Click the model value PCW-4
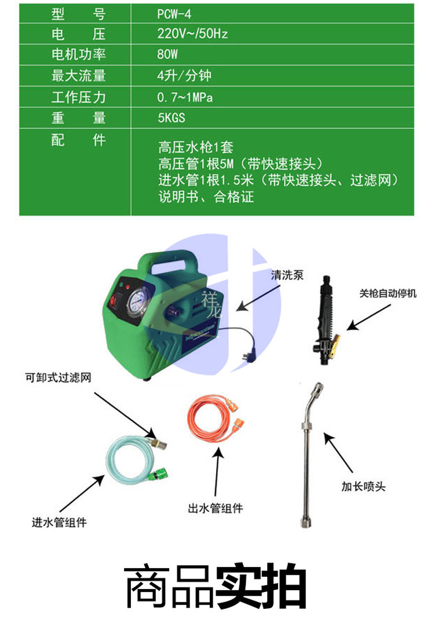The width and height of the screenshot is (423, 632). tap(174, 14)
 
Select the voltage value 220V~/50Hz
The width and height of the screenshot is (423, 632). tap(192, 34)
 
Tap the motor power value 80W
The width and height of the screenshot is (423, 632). tap(167, 54)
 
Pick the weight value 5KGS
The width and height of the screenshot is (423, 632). tap(171, 118)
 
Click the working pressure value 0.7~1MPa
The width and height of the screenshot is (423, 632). tap(185, 97)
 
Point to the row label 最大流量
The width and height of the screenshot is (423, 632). tap(79, 76)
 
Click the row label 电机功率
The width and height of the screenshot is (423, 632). tap(79, 55)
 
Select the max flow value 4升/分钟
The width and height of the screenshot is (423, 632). tap(184, 75)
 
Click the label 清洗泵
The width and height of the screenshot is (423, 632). tap(287, 275)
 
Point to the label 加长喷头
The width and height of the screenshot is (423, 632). tap(363, 486)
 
